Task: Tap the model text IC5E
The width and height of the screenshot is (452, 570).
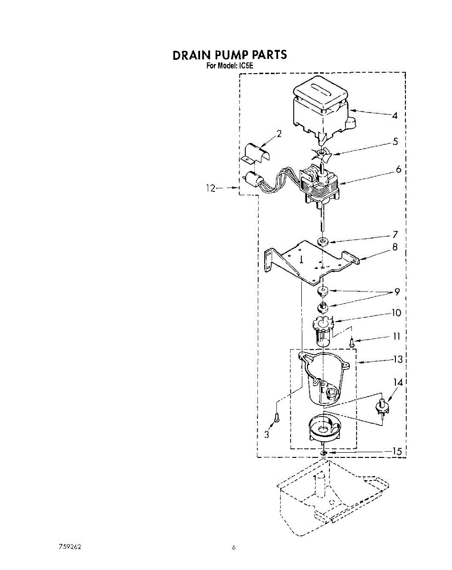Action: (x=245, y=66)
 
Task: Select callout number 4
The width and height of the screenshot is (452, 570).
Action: (x=394, y=115)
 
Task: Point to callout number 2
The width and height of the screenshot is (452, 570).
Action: (x=279, y=133)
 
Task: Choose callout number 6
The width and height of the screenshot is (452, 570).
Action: (x=398, y=169)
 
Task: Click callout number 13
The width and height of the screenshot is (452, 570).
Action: (x=397, y=360)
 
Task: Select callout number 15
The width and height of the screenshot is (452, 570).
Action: (x=396, y=452)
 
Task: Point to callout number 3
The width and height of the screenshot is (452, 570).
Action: (x=267, y=434)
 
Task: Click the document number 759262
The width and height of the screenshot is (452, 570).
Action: (x=69, y=547)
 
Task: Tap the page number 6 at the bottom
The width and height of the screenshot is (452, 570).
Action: (x=234, y=548)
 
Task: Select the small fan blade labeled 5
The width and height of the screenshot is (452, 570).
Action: (x=322, y=153)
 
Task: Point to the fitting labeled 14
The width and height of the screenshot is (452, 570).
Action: (x=381, y=406)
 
